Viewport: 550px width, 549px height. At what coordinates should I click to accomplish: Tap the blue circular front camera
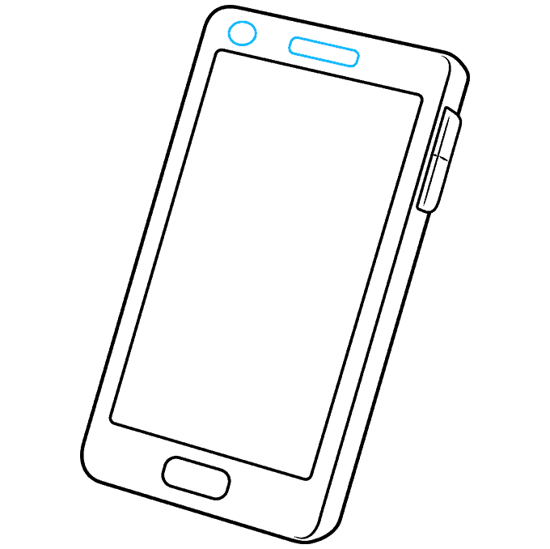coord(242,33)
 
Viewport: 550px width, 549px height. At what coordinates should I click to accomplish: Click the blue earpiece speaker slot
coord(324,53)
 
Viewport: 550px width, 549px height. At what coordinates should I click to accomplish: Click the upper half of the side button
coord(446,134)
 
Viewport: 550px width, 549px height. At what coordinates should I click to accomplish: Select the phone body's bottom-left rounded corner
coord(85,466)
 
